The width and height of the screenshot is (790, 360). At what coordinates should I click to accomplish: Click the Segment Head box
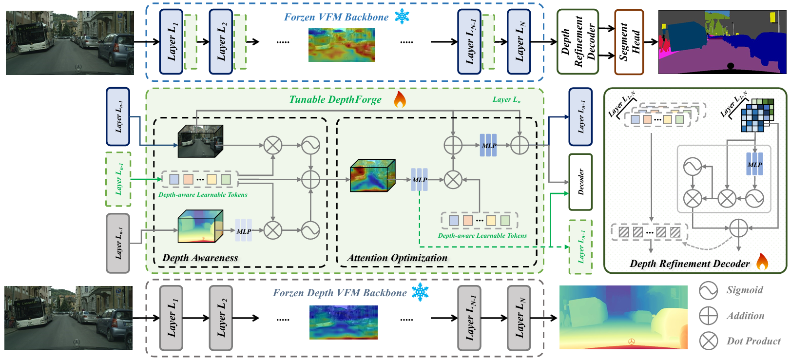tap(629, 42)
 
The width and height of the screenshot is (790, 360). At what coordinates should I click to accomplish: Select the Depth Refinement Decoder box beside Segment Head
tap(578, 42)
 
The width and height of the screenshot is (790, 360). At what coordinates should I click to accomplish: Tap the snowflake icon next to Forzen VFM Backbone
tap(402, 17)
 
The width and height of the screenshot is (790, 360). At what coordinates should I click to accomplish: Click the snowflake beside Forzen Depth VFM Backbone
tap(420, 292)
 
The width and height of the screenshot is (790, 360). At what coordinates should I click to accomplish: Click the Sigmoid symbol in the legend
tap(708, 290)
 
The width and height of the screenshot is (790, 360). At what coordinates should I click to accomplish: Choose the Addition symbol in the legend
tap(708, 316)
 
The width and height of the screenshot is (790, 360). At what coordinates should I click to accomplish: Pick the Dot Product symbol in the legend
tap(708, 341)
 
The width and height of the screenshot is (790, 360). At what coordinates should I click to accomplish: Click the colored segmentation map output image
tap(722, 42)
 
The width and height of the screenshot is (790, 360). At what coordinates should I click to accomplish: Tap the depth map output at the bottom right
tap(623, 317)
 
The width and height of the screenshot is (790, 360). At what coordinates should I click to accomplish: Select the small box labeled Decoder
tap(580, 182)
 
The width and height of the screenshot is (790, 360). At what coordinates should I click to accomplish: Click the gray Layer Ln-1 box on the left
tap(118, 243)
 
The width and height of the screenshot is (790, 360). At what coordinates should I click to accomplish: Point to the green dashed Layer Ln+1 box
tap(581, 246)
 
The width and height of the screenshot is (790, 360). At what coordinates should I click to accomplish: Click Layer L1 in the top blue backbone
tap(172, 42)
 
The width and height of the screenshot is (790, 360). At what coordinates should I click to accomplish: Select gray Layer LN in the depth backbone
tap(519, 318)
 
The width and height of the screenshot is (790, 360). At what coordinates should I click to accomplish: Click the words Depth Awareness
tap(200, 258)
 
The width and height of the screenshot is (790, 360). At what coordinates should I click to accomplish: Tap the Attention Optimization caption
tap(397, 258)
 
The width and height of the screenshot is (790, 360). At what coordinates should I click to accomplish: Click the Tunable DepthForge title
tap(335, 100)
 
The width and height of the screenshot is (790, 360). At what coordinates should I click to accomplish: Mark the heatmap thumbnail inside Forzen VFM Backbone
tap(342, 45)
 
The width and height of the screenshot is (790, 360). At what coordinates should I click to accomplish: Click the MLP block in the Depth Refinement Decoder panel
tap(754, 165)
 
